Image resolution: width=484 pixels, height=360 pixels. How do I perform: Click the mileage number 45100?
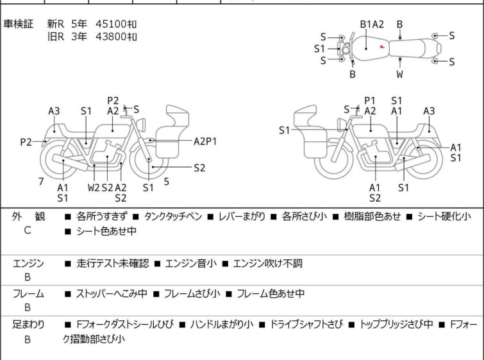[110, 24]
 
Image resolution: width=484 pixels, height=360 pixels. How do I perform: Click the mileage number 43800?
[110, 37]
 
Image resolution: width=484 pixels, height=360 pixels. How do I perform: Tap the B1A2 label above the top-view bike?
[372, 24]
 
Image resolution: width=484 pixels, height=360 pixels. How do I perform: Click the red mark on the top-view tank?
[381, 46]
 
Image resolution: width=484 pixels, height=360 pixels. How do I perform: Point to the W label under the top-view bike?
[399, 74]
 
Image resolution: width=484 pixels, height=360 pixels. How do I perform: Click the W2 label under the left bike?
[94, 187]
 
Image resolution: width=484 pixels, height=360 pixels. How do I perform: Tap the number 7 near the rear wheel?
[41, 182]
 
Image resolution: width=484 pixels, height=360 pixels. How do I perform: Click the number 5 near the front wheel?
[166, 182]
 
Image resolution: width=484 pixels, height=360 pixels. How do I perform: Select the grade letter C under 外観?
[28, 229]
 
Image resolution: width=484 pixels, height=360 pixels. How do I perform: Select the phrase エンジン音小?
[191, 263]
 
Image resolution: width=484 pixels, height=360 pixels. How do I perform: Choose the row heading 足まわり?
[29, 325]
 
